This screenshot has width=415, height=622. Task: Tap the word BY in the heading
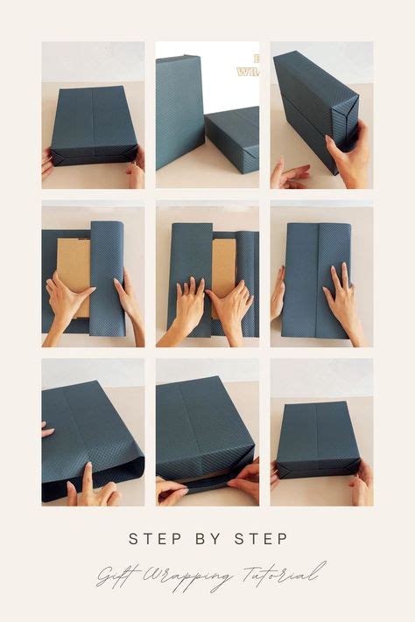[x=207, y=539]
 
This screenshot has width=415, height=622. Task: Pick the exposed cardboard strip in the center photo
[x=223, y=267]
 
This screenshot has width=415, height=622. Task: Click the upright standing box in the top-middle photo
[x=179, y=109]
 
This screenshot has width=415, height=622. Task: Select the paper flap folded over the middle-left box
[x=107, y=276]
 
